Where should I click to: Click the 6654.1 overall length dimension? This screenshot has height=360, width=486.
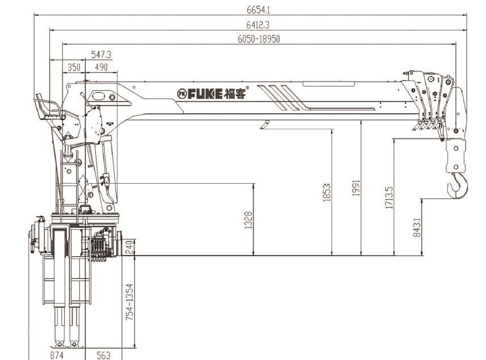258,10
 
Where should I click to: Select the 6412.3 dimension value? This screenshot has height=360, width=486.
258,24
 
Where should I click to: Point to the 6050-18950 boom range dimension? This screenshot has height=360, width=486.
259,39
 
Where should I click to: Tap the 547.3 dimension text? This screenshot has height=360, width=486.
101,54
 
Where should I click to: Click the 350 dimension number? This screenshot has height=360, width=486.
74,67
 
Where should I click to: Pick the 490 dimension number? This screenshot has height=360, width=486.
101,67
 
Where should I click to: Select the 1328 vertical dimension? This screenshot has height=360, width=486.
248,221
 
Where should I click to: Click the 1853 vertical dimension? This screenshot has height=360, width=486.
327,193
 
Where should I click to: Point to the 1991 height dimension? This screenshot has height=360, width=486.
356,188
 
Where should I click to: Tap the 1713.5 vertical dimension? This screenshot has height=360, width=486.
389,198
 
